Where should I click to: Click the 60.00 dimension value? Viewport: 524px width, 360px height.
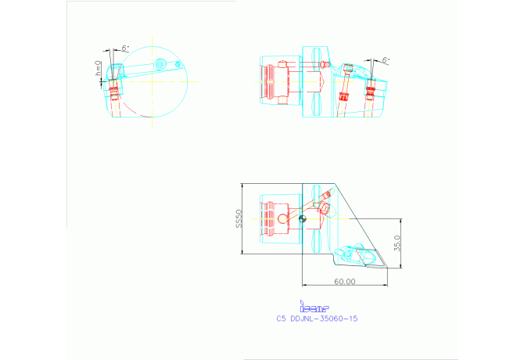[x=344, y=281]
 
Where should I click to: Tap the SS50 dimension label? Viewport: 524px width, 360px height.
[x=240, y=219]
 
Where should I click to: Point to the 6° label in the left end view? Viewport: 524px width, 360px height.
[x=125, y=48]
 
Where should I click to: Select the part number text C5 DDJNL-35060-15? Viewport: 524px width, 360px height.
[x=317, y=319]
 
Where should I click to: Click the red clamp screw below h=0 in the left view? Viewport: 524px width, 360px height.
[x=115, y=94]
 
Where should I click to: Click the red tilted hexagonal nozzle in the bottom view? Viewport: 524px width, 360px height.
[x=324, y=208]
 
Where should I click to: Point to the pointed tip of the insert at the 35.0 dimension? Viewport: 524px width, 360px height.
[x=386, y=267]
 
